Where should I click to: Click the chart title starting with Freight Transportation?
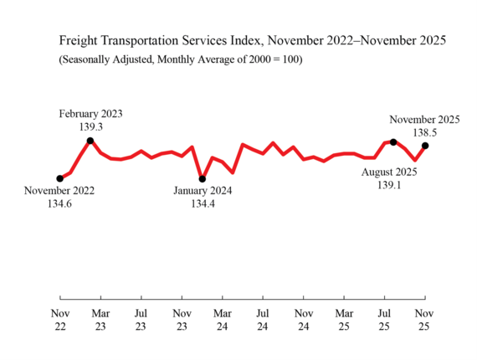pyautogui.click(x=252, y=40)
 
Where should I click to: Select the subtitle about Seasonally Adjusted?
pyautogui.click(x=180, y=59)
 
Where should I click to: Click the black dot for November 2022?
pyautogui.click(x=59, y=178)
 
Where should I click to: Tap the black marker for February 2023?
pyautogui.click(x=90, y=141)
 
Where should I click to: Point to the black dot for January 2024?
pyautogui.click(x=202, y=178)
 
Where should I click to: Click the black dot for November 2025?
pyautogui.click(x=425, y=146)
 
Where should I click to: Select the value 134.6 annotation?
pyautogui.click(x=59, y=203)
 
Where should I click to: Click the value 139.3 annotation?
pyautogui.click(x=90, y=126)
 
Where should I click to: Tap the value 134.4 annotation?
pyautogui.click(x=203, y=203)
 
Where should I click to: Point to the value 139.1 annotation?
pyautogui.click(x=390, y=185)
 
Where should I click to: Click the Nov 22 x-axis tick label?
pyautogui.click(x=59, y=320)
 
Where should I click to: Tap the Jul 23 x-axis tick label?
pyautogui.click(x=141, y=320)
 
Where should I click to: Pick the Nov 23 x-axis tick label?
pyautogui.click(x=182, y=320)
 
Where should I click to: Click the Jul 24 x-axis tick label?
pyautogui.click(x=263, y=320)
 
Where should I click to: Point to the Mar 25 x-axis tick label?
pyautogui.click(x=344, y=320)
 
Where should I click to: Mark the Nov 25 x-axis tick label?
pyautogui.click(x=425, y=320)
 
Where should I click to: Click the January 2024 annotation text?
pyautogui.click(x=203, y=191)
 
